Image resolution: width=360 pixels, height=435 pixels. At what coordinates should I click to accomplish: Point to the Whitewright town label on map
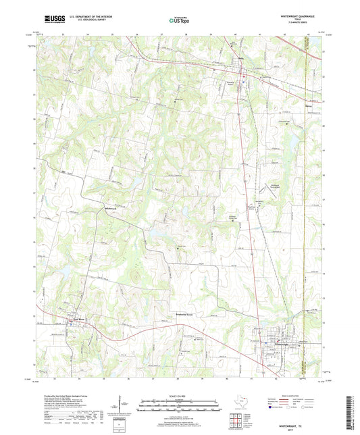tap(269, 343)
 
